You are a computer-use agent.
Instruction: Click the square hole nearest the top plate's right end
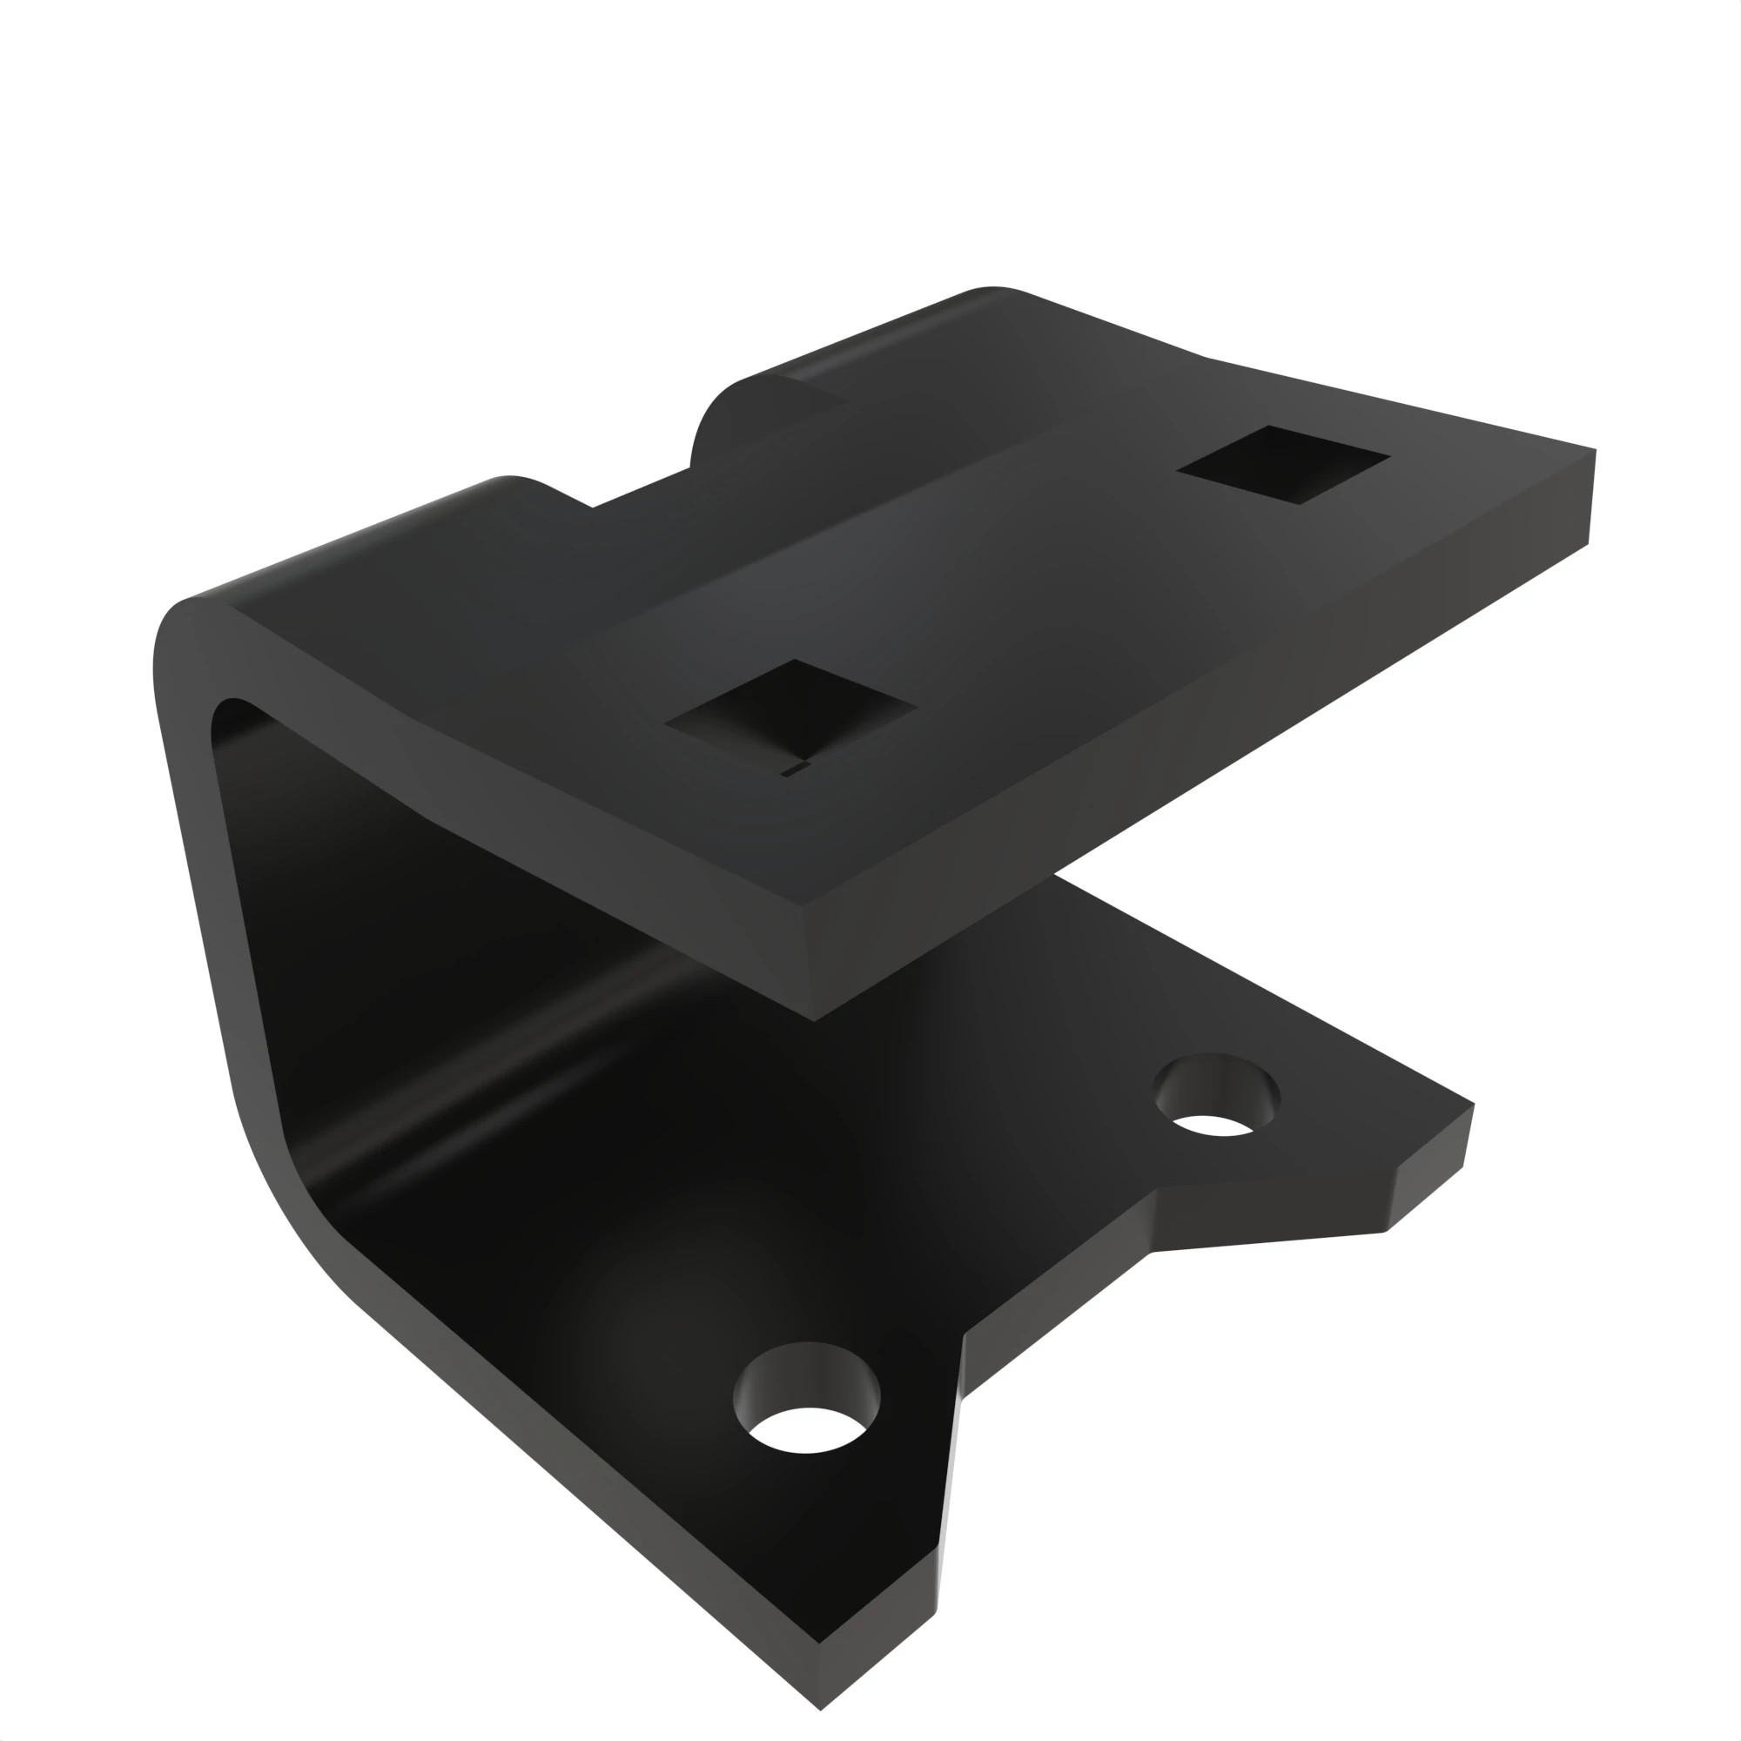tap(1283, 463)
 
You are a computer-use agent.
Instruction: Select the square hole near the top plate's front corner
tap(791, 710)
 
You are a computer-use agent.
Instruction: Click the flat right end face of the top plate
tap(1590, 497)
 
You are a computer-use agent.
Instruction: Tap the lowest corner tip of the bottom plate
tap(820, 1709)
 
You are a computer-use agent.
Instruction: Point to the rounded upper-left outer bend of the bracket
tap(180, 631)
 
